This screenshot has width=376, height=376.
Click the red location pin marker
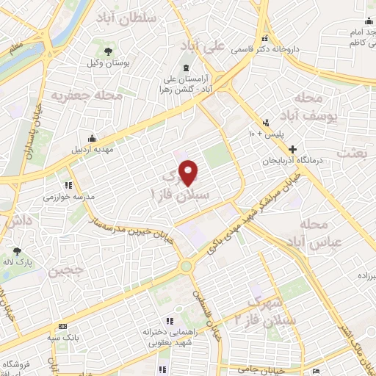pyautogui.click(x=189, y=173)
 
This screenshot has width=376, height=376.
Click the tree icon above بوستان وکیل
pyautogui.click(x=109, y=51)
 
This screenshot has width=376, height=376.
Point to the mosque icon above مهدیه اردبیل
pyautogui.click(x=92, y=138)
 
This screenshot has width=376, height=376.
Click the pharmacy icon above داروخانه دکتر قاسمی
pyautogui.click(x=265, y=40)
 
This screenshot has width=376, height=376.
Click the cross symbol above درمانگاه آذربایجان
pyautogui.click(x=292, y=149)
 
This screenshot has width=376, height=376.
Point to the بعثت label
pyautogui.click(x=352, y=153)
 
